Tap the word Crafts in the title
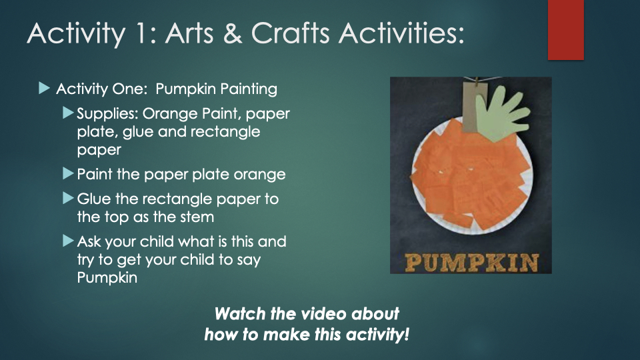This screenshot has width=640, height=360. coord(290,33)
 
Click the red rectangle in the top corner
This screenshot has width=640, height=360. coord(566,30)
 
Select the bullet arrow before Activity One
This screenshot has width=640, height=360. coord(44,88)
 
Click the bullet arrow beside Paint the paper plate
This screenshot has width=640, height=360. coord(68,173)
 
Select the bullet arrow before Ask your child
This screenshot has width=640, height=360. coord(68,241)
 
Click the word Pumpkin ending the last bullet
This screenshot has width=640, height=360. coord(107,277)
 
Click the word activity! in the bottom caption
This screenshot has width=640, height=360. coord(377,335)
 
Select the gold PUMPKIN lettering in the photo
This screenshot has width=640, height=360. coord(471,263)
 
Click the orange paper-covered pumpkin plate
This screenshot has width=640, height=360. coord(471,177)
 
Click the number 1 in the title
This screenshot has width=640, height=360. coord(140,33)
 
